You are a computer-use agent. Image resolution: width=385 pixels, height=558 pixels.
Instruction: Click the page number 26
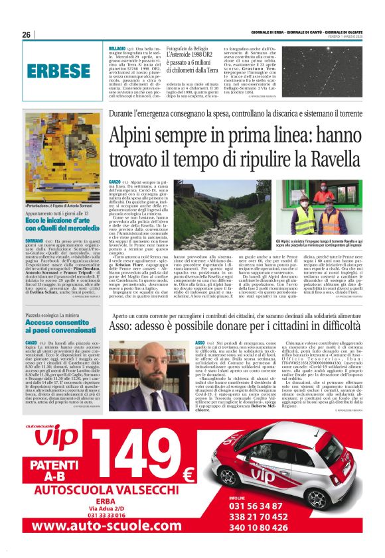(27, 34)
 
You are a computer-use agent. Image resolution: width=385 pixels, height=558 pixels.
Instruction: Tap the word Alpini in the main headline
(134, 136)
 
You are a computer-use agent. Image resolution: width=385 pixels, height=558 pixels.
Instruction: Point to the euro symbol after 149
(188, 475)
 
